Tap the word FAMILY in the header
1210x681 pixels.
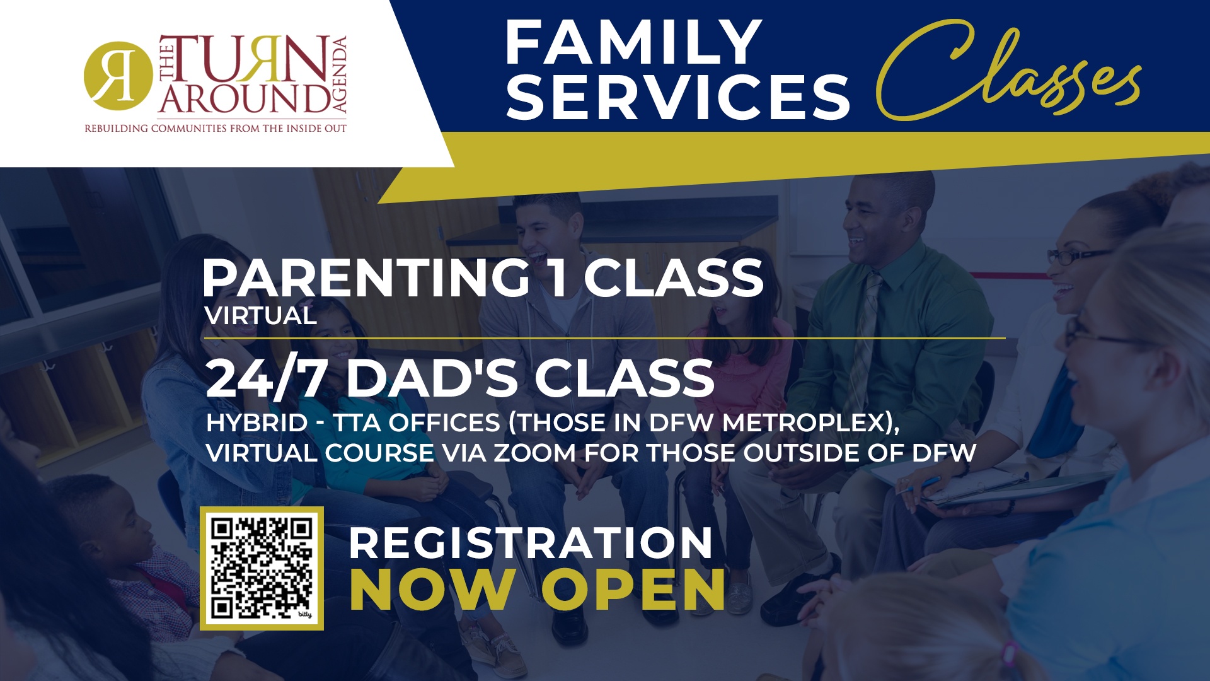point(633,42)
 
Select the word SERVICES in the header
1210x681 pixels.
point(678,96)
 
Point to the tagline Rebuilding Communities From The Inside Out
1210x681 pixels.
point(216,129)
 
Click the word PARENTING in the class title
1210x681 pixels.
point(366,278)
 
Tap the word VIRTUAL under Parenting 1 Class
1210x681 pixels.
point(260,316)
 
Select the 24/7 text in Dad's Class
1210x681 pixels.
point(266,378)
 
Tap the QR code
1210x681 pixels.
point(262,568)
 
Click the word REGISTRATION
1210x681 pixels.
point(531,543)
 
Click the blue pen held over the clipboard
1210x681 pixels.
point(919,485)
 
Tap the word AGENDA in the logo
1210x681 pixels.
point(339,75)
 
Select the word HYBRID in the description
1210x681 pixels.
point(256,423)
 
